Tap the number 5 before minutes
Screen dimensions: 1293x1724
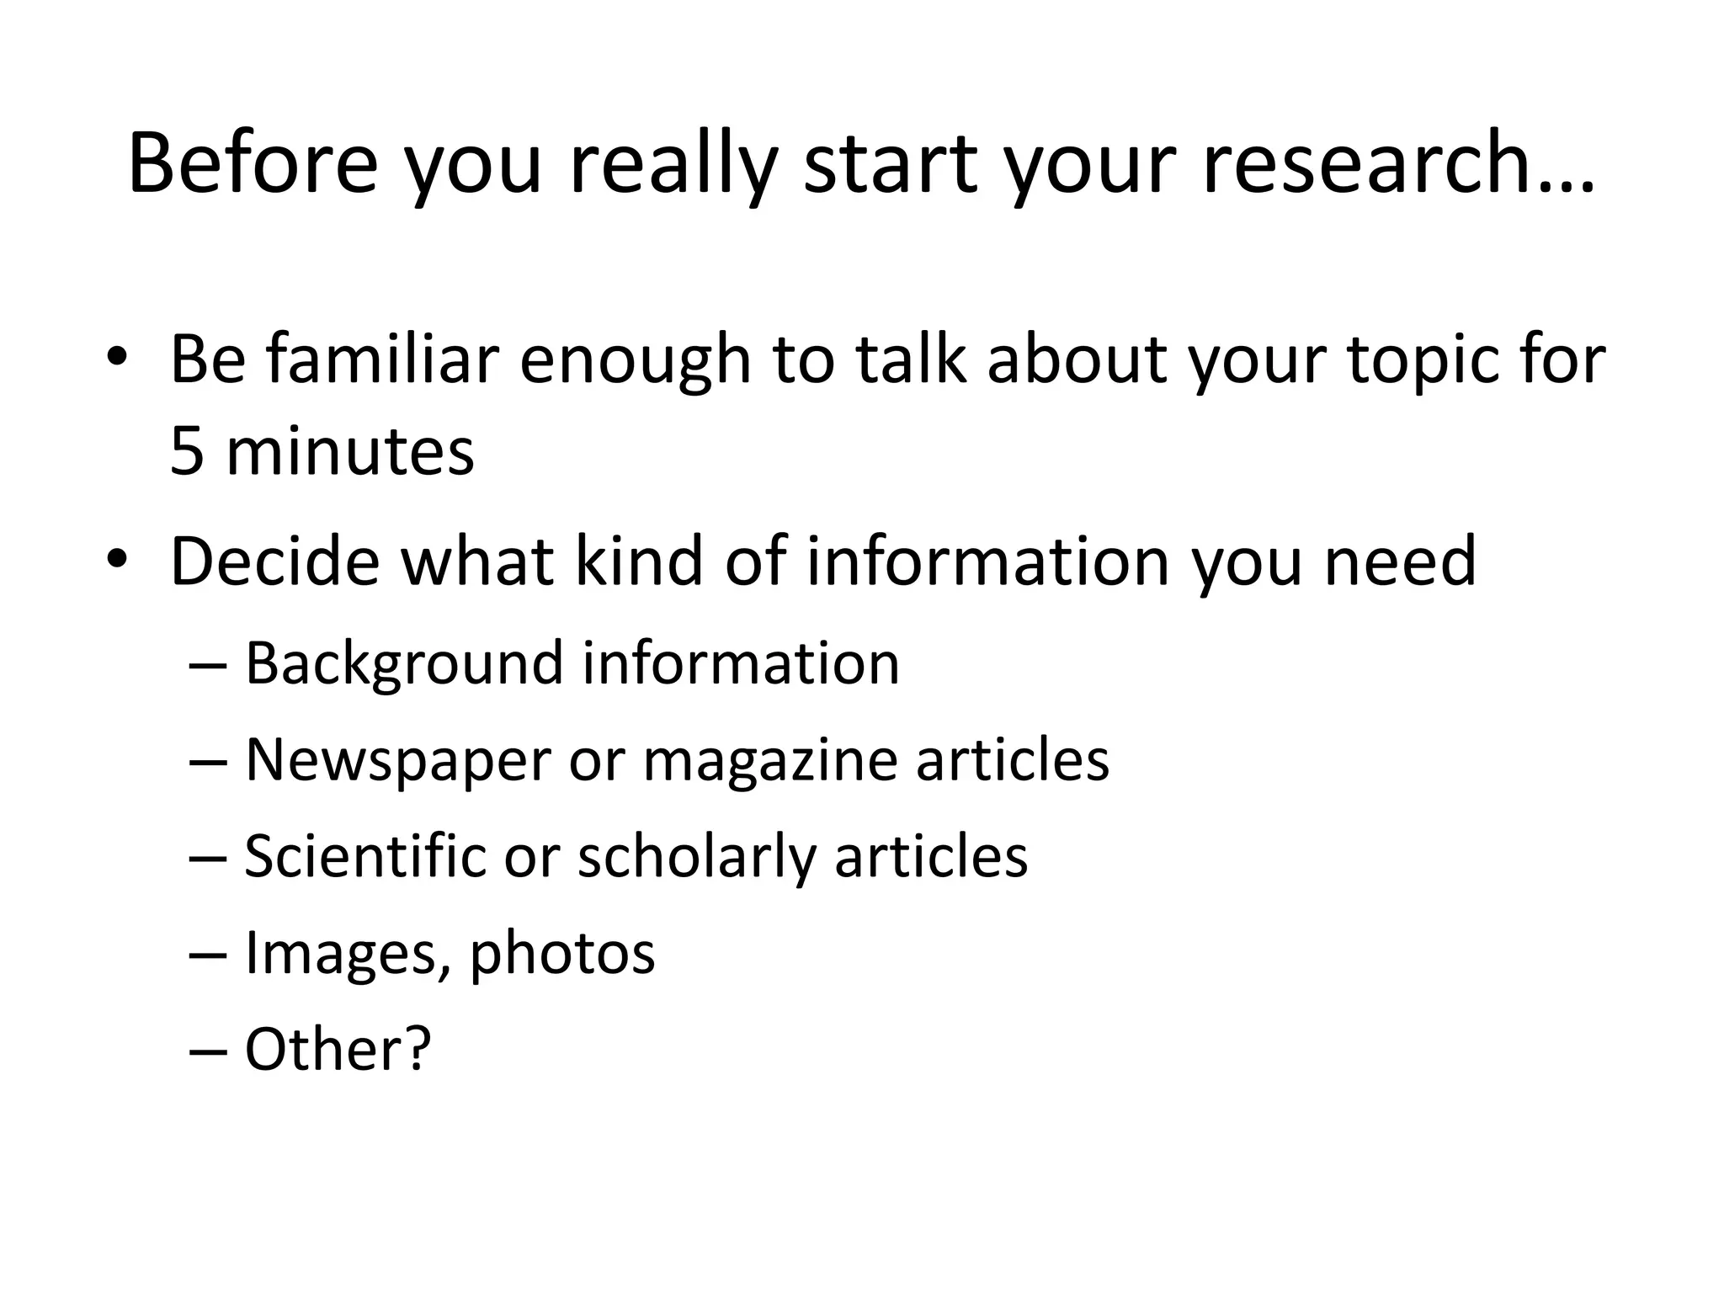pos(187,451)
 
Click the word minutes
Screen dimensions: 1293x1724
pos(350,451)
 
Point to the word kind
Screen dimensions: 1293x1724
pos(638,561)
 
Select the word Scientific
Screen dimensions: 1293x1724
pos(366,856)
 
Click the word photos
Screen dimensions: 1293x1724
pos(562,955)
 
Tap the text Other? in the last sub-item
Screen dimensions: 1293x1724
pos(338,1049)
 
